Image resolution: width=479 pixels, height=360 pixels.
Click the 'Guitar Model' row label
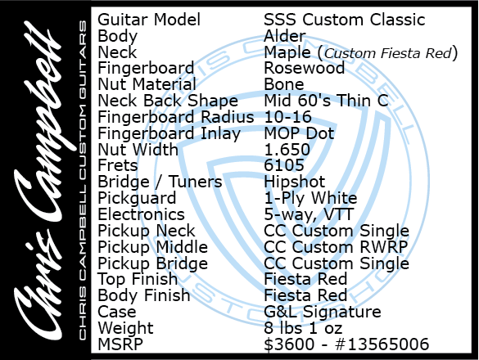149,20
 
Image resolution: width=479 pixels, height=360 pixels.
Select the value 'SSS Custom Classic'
345,20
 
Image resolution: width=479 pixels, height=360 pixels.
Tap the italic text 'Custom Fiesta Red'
387,53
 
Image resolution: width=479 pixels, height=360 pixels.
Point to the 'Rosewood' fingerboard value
305,68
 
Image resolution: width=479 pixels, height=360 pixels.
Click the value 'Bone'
284,84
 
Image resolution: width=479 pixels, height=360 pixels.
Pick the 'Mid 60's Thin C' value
326,101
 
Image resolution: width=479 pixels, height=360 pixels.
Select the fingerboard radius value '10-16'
287,117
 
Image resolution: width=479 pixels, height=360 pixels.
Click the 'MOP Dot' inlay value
299,133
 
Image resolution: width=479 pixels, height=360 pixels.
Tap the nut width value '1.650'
287,150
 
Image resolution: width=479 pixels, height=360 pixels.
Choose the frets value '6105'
284,165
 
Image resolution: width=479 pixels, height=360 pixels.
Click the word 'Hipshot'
295,182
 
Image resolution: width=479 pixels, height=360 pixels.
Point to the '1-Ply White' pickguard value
310,199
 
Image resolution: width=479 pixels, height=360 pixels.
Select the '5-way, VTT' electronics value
309,214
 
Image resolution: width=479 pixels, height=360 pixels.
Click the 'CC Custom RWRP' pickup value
336,247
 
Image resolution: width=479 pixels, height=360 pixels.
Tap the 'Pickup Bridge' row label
153,263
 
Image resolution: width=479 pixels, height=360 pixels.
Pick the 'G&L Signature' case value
323,312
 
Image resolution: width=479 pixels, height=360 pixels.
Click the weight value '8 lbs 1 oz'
303,328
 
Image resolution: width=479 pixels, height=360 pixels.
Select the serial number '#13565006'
382,344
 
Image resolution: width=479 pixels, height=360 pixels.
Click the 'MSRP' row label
120,344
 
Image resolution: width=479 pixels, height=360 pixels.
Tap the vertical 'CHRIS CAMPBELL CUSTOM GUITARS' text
83,180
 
